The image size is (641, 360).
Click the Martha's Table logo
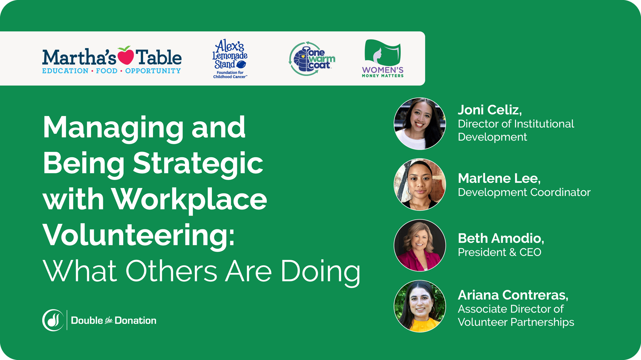[x=112, y=60]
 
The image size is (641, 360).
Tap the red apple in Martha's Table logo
[x=125, y=55]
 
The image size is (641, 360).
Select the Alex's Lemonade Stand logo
[x=230, y=59]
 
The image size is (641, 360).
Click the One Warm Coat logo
[x=312, y=59]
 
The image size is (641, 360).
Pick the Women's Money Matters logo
[x=383, y=59]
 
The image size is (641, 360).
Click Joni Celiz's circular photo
[x=420, y=124]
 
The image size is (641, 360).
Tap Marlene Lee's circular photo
[x=420, y=184]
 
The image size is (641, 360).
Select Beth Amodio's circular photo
[x=420, y=245]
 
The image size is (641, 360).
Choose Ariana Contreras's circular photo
[x=420, y=306]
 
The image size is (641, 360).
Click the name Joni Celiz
[x=489, y=110]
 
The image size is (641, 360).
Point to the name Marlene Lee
[x=499, y=178]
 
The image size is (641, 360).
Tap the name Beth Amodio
[x=501, y=238]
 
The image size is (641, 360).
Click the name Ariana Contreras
[x=513, y=295]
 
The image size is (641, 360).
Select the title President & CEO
[x=499, y=252]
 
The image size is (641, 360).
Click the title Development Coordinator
[x=524, y=192]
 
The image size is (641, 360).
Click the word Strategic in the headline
[x=198, y=163]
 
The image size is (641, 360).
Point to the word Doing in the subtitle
[x=320, y=271]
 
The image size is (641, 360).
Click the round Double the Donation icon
[x=53, y=320]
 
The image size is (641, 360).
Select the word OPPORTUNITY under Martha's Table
[x=153, y=71]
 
